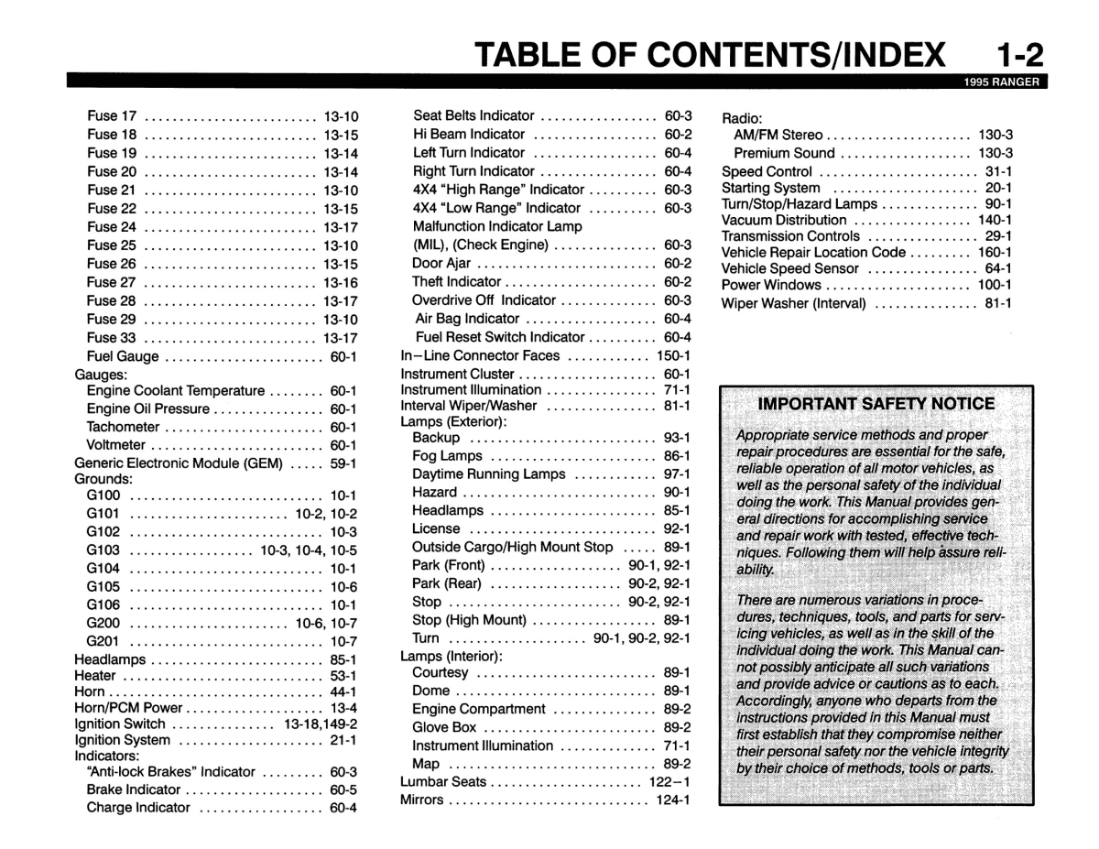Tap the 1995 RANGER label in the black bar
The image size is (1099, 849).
(x=1002, y=81)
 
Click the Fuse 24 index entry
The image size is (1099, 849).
(x=112, y=226)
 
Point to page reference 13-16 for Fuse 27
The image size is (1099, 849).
(x=340, y=282)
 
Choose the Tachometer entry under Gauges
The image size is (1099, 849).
(x=123, y=427)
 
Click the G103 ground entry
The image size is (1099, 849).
(x=103, y=550)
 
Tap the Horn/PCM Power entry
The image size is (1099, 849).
(x=128, y=707)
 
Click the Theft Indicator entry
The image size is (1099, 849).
(x=456, y=282)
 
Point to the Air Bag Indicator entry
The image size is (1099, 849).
(x=467, y=319)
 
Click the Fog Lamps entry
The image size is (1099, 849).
(x=447, y=455)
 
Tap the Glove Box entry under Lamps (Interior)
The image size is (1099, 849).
(x=444, y=727)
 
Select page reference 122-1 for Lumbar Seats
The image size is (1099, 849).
(x=670, y=782)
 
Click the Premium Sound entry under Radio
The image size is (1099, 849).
(x=784, y=153)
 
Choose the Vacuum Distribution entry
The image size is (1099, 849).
(x=783, y=220)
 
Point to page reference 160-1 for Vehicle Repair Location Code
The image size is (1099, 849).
(x=995, y=252)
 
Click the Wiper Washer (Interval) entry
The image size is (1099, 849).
(x=793, y=303)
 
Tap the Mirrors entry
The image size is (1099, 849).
(x=421, y=800)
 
